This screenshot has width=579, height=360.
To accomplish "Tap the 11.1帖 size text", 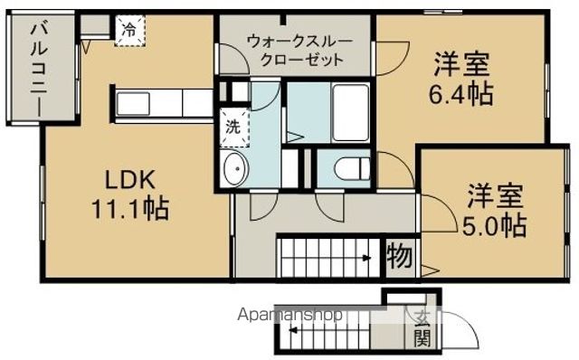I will (129, 210).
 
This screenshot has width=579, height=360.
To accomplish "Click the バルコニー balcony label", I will (39, 69).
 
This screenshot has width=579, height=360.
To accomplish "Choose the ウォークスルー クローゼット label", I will (295, 51).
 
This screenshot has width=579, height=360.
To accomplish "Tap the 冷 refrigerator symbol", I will (128, 29).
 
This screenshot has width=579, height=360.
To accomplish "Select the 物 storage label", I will (400, 256).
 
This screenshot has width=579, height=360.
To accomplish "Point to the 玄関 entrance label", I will (422, 327).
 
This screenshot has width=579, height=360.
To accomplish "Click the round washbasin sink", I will (235, 168).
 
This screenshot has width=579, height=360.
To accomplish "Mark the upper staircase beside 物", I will (329, 256).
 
